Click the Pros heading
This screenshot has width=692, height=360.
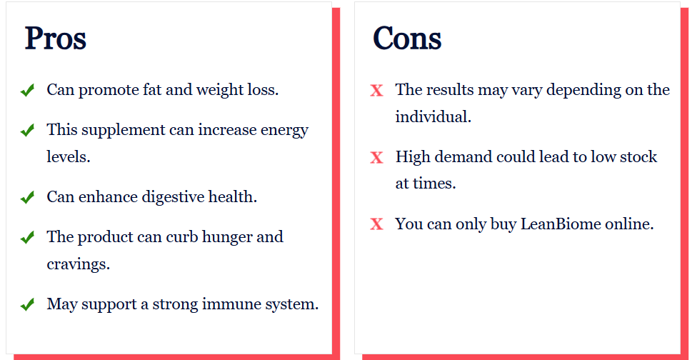pos(55,39)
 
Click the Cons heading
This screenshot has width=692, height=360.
pos(407,39)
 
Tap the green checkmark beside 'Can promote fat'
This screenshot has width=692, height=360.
pos(27,91)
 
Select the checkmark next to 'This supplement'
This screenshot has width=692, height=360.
pos(27,131)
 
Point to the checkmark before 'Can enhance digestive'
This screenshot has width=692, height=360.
pos(27,198)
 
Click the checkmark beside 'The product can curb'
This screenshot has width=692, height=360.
pos(27,238)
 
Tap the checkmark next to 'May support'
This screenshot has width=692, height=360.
pos(27,305)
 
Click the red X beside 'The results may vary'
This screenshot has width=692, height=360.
pos(376,91)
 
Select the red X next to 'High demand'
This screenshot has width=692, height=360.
pos(376,157)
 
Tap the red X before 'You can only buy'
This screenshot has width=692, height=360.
pos(376,224)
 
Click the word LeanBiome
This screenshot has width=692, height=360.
pos(561,224)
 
